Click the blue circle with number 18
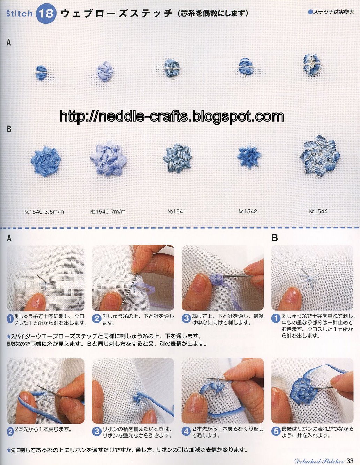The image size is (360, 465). click(46, 14)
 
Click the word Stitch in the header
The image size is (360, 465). click(20, 14)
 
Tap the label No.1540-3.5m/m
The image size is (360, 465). click(44, 212)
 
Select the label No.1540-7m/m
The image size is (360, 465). click(108, 212)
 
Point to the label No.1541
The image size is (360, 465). click(177, 212)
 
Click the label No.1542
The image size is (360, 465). click(248, 212)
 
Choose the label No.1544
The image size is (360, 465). click(318, 212)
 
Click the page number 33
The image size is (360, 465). click(350, 460)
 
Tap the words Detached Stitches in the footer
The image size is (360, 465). click(319, 461)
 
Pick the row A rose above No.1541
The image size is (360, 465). click(172, 68)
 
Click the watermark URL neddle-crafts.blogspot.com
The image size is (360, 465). click(172, 116)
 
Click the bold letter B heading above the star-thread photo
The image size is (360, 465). click(275, 238)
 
